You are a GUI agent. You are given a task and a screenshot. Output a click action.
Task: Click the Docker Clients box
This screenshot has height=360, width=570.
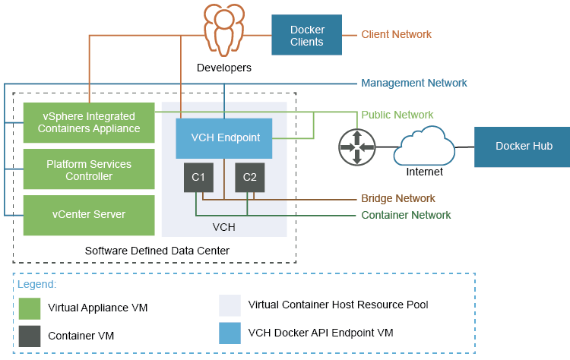pos(307,35)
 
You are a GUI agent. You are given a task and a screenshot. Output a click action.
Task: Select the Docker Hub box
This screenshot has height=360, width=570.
pos(523,147)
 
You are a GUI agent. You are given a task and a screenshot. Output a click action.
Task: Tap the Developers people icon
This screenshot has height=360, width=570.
pos(224,30)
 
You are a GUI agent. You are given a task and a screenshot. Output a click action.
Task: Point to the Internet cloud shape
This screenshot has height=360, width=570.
pos(424,145)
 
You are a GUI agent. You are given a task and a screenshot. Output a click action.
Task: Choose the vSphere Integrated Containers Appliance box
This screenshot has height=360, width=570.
pos(89,122)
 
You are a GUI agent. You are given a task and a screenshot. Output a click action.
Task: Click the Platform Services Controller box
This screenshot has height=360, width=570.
pos(89,169)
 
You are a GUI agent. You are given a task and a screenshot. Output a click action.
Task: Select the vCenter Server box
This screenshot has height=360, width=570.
pos(89,215)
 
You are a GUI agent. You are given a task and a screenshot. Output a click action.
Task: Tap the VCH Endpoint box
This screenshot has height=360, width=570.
pos(223,138)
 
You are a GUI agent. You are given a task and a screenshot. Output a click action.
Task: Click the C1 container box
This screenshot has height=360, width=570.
pos(198,177)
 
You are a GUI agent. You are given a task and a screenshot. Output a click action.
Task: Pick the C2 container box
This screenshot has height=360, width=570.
pos(249,177)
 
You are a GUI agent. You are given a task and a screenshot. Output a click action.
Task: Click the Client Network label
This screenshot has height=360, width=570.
pos(396,34)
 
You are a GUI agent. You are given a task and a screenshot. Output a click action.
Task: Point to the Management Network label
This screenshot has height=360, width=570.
pos(413,83)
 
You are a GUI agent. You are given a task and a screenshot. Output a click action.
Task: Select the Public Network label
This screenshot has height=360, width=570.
pos(397,115)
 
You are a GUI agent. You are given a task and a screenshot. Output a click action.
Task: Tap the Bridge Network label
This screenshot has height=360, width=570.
pos(399,198)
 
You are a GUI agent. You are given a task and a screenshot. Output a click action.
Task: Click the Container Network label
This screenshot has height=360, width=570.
pos(406,215)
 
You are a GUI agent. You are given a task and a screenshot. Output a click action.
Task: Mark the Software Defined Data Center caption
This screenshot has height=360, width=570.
pos(157,250)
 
